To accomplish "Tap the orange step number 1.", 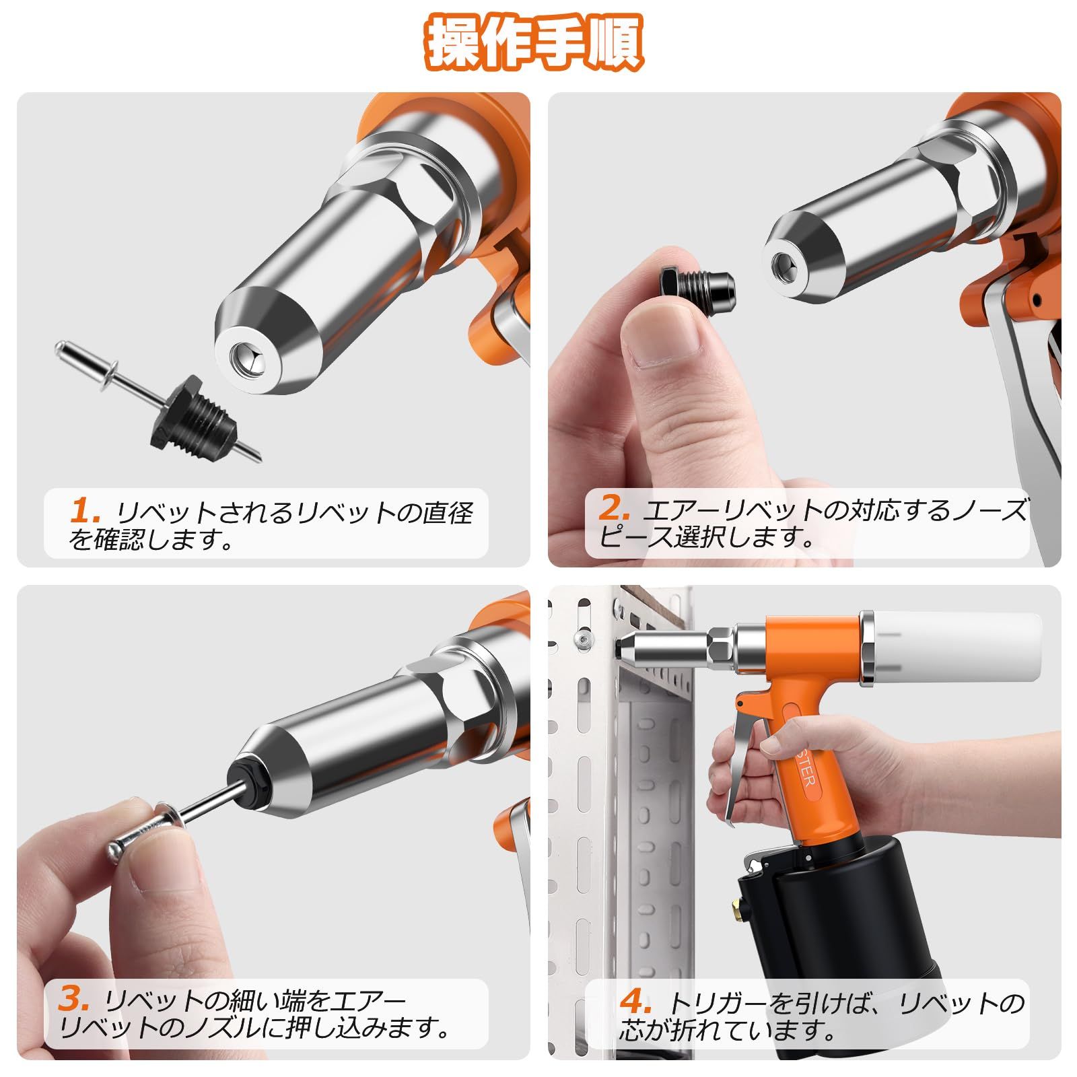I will (x=85, y=511).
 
